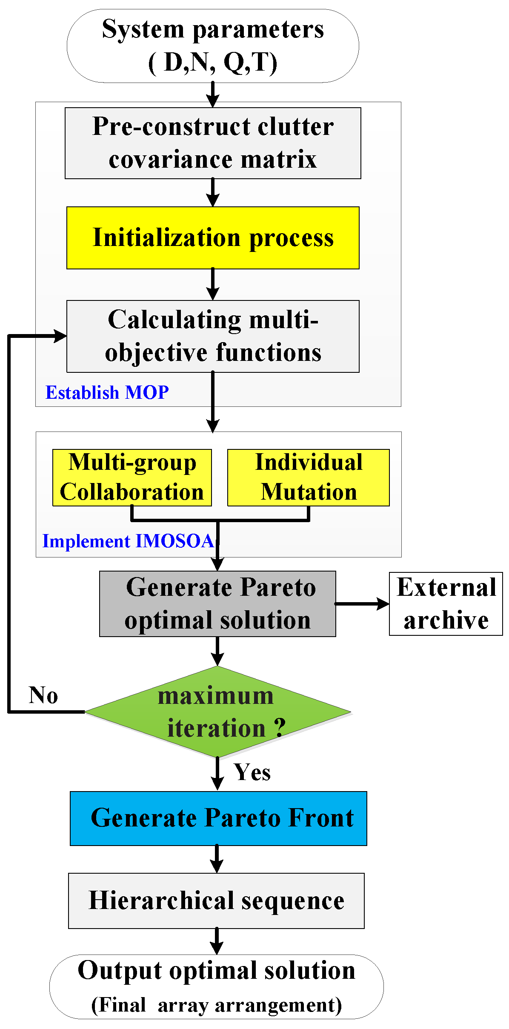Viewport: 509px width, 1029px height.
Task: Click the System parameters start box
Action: (213, 46)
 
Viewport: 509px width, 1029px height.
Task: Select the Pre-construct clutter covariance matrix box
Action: (213, 143)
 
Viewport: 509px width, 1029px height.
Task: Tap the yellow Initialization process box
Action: (213, 238)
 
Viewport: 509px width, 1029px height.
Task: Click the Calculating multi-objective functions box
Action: (213, 336)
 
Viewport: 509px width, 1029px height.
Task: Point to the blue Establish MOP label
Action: (107, 392)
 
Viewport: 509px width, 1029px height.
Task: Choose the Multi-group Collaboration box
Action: (132, 477)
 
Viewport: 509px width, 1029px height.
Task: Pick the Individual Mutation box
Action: (309, 477)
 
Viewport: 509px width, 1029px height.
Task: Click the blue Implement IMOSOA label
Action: (128, 541)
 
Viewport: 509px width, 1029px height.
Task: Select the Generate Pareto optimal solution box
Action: (217, 603)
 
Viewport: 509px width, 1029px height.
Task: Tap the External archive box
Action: (446, 603)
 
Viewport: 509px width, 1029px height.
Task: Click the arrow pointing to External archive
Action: (362, 603)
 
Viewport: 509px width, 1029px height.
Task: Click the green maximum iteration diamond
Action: (217, 712)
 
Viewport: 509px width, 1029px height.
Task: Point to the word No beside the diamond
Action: (43, 695)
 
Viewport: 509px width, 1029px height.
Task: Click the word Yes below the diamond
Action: (252, 772)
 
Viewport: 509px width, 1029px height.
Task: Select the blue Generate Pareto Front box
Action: (218, 818)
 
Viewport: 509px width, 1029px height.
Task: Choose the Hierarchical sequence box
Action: (216, 900)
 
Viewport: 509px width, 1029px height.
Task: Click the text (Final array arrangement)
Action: (216, 1005)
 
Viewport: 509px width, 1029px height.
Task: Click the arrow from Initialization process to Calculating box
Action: (213, 284)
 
